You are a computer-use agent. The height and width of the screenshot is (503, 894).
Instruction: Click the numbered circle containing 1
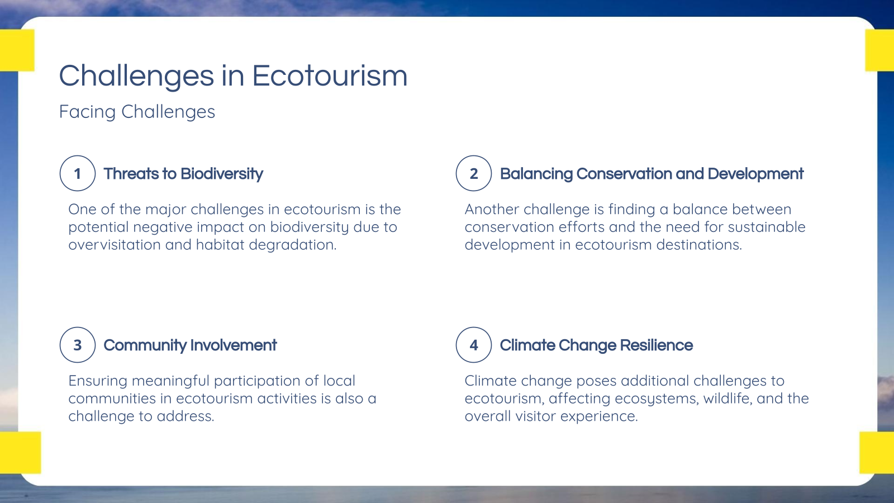tap(78, 173)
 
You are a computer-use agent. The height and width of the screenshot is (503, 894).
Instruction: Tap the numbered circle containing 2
tap(474, 173)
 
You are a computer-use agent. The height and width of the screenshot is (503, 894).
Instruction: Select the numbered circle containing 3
tap(78, 345)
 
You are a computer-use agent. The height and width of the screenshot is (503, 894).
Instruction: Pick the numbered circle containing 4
tap(474, 345)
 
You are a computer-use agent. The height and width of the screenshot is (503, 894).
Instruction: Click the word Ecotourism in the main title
tap(330, 75)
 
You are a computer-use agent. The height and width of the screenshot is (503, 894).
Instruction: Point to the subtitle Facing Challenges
tap(137, 112)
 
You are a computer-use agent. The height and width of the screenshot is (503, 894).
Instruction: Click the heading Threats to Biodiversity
tap(183, 174)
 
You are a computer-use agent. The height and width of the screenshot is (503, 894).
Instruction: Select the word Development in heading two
tap(755, 174)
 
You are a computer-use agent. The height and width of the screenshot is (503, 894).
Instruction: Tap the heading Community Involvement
tap(190, 345)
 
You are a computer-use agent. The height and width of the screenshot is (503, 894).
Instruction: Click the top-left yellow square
tap(17, 50)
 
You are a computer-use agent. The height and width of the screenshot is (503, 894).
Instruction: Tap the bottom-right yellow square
tap(876, 453)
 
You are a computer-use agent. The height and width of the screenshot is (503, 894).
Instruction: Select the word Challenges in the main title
tap(136, 77)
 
